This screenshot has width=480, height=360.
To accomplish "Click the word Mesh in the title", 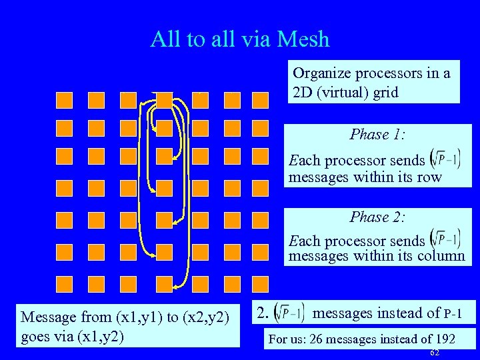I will click(305, 39).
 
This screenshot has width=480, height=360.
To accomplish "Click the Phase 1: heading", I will click(377, 135).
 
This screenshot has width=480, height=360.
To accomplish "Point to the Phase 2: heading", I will click(377, 217).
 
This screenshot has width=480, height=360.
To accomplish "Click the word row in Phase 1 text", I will click(429, 177).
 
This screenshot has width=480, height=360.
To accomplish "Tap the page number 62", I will click(435, 352).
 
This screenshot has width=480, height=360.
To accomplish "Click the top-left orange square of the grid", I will click(64, 100).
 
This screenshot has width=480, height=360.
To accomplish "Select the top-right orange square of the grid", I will click(260, 100).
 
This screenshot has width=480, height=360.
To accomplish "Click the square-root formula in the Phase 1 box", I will click(445, 161).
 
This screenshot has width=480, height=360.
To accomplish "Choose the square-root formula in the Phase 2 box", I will click(445, 240).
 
